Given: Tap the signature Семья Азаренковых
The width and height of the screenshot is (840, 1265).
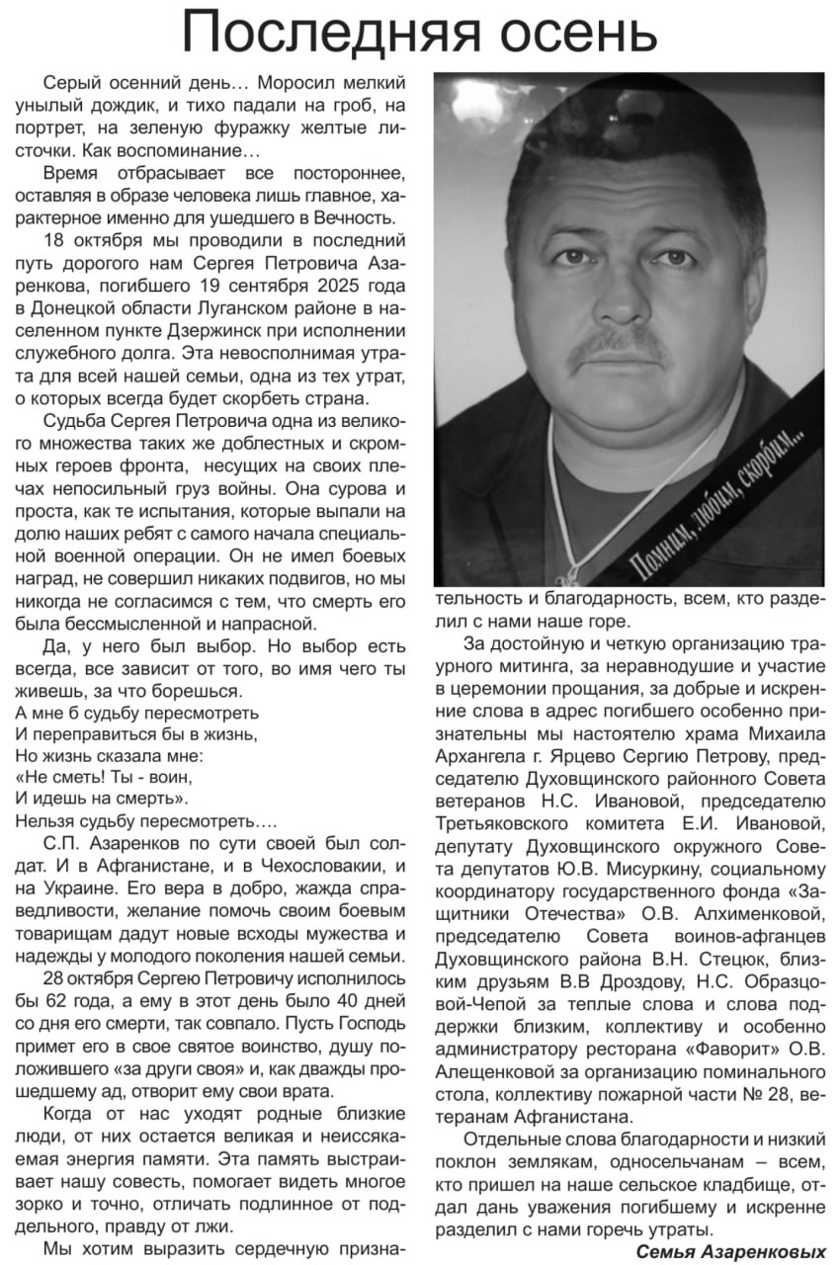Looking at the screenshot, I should click(x=730, y=1251).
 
